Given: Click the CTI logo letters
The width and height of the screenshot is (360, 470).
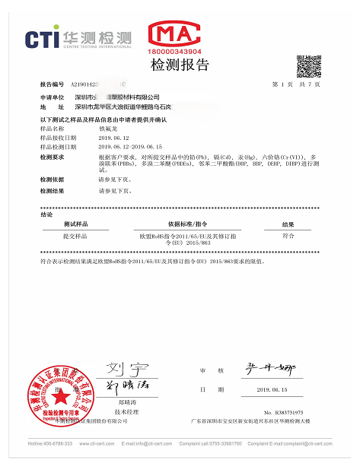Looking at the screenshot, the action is (x=42, y=38).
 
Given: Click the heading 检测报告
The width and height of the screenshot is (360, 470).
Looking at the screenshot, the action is (x=180, y=65).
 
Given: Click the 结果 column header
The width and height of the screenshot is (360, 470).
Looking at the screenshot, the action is (x=288, y=225).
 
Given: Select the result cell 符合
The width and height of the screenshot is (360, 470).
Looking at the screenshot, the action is (x=288, y=237).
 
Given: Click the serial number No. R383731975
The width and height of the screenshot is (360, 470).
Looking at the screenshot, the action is (x=283, y=411).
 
